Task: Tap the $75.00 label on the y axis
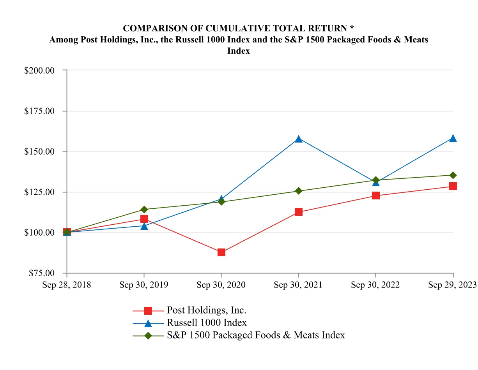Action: [x=42, y=273]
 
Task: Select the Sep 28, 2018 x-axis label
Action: [x=67, y=285]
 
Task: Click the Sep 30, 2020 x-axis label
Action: [x=221, y=285]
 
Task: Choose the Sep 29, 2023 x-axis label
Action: [x=452, y=285]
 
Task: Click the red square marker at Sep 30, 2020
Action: [x=221, y=252]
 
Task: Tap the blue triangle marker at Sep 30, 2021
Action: [x=299, y=139]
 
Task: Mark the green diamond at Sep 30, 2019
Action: [x=144, y=210]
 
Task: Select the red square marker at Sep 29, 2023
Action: [x=453, y=186]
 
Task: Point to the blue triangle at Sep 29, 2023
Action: [x=453, y=138]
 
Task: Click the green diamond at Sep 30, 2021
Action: [x=299, y=191]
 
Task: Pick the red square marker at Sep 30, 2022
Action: [x=376, y=196]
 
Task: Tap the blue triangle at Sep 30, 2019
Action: [x=144, y=226]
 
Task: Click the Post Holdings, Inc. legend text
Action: [x=207, y=310]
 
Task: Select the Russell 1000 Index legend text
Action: [x=207, y=323]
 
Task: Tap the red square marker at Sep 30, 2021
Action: [x=299, y=212]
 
